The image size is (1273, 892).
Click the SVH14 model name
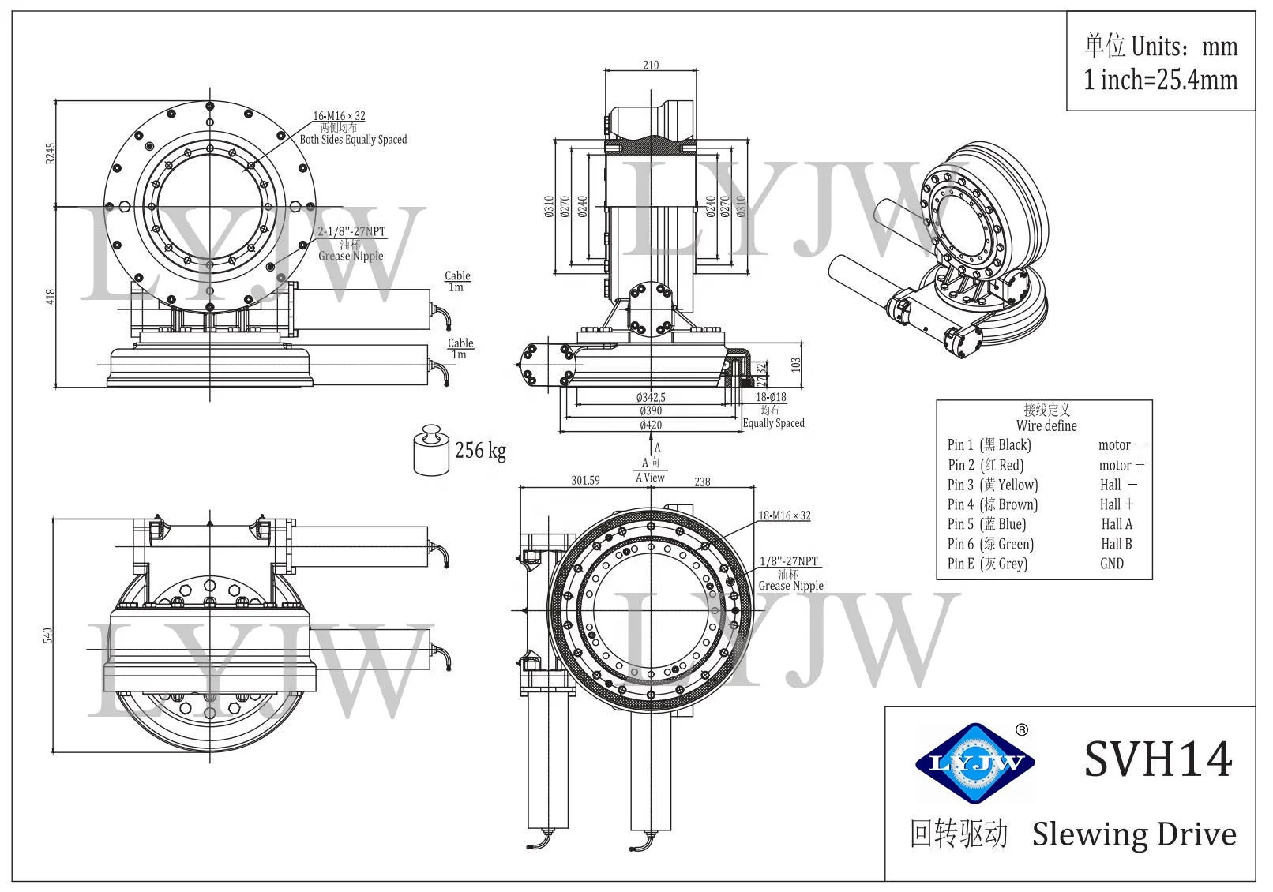coord(1157,759)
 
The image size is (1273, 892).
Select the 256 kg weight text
coord(480,451)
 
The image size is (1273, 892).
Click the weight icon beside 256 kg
coord(430,450)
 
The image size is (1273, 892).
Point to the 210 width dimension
coord(651,66)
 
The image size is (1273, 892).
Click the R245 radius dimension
coord(51,153)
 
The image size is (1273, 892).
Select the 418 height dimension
coord(51,297)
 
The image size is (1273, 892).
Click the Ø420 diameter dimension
coord(651,425)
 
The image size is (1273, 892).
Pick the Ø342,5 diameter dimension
coord(651,398)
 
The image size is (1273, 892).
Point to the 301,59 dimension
coord(585,480)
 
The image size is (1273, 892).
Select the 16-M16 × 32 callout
coord(339,116)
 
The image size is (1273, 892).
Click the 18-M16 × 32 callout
coord(784,515)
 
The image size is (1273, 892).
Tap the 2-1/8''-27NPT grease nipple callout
coord(351,232)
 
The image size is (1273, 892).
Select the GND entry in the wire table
coord(1111,564)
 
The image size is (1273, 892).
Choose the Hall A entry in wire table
coord(1117,524)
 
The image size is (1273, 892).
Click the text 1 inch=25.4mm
coord(1160,80)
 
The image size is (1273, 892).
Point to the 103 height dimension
coord(796,364)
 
